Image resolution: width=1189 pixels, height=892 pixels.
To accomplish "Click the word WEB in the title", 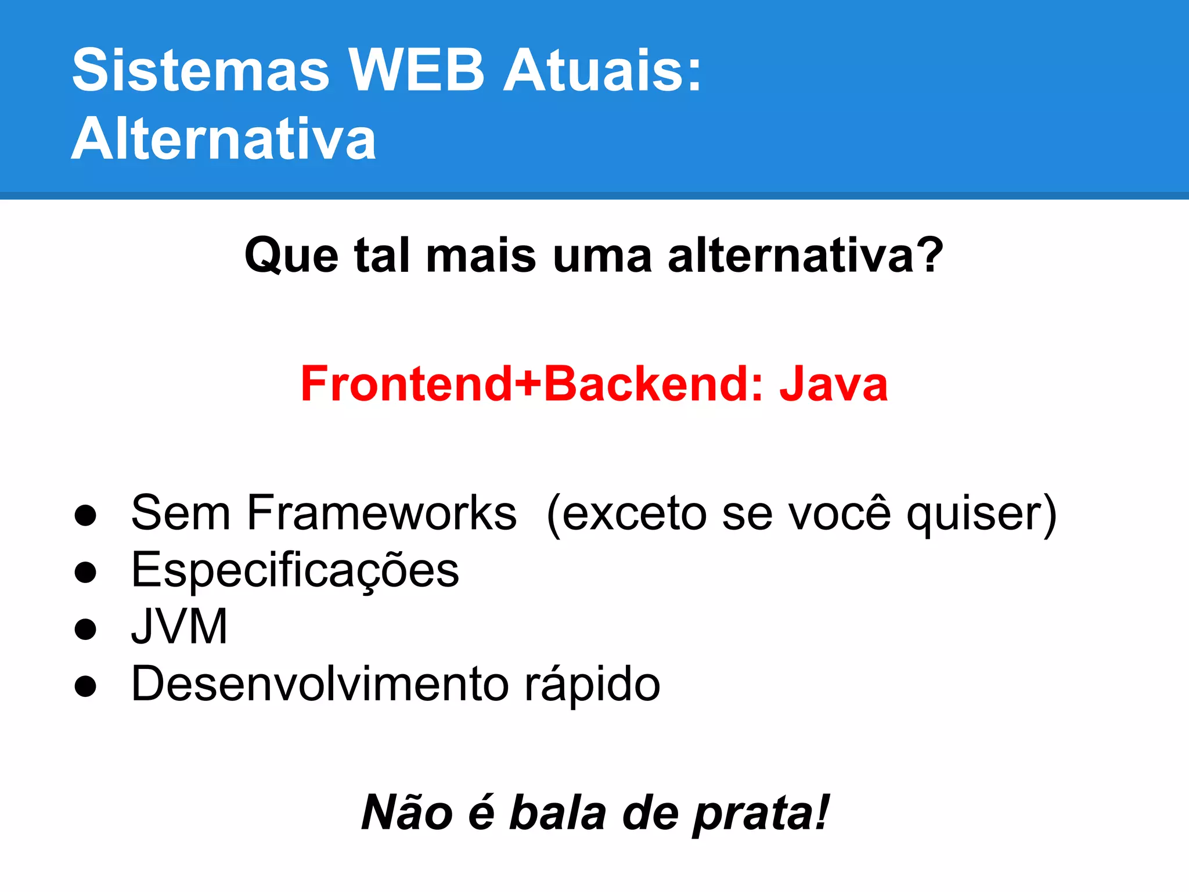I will point(416,70).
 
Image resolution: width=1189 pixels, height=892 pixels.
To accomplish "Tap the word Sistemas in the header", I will point(201,70).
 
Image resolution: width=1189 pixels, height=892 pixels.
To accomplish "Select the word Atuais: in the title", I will point(602,70).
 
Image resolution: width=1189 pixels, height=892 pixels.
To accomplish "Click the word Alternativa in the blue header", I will point(224,139).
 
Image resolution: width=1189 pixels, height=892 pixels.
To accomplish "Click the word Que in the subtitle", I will point(291,256).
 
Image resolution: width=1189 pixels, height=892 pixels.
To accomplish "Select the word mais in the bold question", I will point(481,256).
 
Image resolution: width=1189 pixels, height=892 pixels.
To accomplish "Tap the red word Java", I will point(833,384).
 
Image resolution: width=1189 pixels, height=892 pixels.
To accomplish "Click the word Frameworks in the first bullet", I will point(381,513).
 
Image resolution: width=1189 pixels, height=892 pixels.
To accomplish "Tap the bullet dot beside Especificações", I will point(85,572).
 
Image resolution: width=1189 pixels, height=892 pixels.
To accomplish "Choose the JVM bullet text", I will point(179,627).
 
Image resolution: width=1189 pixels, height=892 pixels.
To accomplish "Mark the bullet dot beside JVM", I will point(85,629).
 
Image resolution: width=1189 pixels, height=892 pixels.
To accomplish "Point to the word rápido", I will point(592,684).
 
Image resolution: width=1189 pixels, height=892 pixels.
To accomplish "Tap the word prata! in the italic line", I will point(761,814).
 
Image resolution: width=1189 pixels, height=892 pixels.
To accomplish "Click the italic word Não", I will point(407,812).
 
